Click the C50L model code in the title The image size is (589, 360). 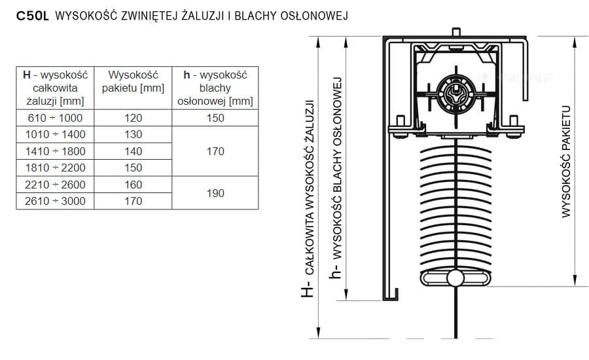pos(33,16)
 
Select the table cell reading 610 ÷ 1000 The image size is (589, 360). pos(55,118)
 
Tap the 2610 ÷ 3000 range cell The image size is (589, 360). pos(55,201)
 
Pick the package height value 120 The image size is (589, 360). pos(134,118)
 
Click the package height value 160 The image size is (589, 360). pos(134,185)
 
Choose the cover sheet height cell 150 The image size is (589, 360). pos(215,118)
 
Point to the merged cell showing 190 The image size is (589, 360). pos(215,193)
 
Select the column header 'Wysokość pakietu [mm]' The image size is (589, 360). pos(134,82)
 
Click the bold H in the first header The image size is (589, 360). pos(27,75)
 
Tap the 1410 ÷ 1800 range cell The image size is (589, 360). pos(55,151)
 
